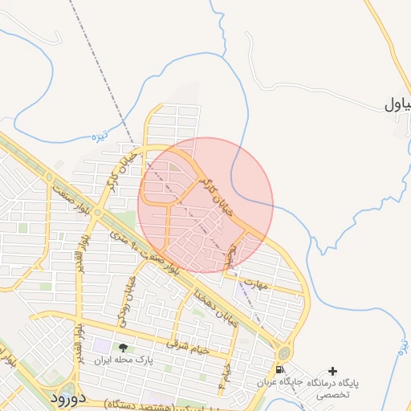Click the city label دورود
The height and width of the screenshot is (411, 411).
(x=67, y=397)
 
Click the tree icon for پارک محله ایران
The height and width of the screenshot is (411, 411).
(x=123, y=348)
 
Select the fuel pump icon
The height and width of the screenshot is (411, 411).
(x=279, y=370)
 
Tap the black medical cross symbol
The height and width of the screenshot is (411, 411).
(x=333, y=370)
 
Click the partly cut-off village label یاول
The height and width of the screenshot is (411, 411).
(x=397, y=104)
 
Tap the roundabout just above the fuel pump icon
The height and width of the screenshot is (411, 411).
(x=283, y=352)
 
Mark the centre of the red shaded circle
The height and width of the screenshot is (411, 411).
(x=205, y=205)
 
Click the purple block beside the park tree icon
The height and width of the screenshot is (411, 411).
(x=101, y=346)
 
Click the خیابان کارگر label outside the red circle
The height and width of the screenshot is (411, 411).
(x=112, y=171)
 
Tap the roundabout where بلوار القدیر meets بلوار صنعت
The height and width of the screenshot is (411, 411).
(x=96, y=214)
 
